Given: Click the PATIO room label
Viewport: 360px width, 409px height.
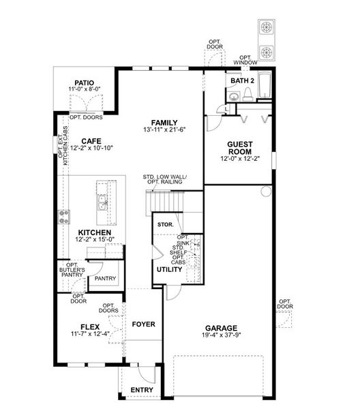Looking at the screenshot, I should (85, 82).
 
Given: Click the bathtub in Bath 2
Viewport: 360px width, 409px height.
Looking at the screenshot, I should (264, 87).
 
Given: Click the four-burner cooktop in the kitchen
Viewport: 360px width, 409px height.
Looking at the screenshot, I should (65, 217).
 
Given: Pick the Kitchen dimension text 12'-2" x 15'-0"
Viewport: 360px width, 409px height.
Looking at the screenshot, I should (95, 239).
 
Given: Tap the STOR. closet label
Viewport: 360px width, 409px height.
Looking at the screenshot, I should (164, 224).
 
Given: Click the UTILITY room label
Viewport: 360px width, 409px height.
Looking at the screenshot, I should (169, 269).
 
